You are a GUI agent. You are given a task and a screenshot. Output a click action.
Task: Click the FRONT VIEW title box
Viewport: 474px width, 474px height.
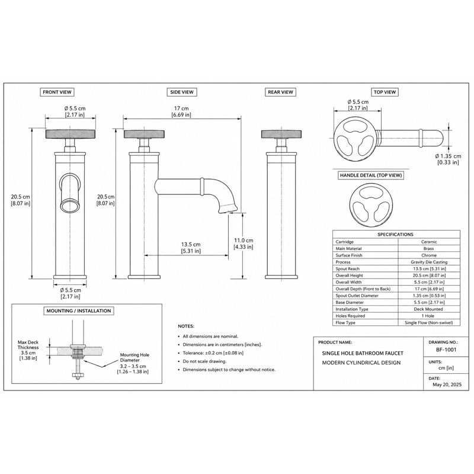(x=57, y=92)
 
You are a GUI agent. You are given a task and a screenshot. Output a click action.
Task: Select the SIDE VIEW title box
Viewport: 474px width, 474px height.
(x=182, y=92)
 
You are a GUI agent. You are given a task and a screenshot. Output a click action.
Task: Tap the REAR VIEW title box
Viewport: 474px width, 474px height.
(x=280, y=92)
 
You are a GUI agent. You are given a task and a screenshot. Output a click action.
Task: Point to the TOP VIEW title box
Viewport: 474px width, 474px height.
(x=385, y=92)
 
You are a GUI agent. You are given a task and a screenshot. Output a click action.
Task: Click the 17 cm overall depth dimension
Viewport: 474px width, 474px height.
(x=181, y=111)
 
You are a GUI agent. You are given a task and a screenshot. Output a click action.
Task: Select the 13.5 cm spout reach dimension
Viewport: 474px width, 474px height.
(x=191, y=248)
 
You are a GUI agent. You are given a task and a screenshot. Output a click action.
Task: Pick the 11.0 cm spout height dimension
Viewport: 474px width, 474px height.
(x=244, y=244)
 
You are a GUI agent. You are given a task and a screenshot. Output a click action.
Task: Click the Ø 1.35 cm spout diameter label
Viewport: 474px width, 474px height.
(x=449, y=159)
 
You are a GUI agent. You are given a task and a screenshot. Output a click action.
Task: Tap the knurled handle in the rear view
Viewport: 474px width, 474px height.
(x=281, y=134)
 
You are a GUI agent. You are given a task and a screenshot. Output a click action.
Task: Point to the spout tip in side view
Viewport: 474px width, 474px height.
(x=228, y=209)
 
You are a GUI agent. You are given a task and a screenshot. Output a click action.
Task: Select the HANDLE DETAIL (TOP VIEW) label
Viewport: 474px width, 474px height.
(x=371, y=175)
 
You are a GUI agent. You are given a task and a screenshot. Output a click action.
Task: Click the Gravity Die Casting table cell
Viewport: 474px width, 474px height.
(x=429, y=262)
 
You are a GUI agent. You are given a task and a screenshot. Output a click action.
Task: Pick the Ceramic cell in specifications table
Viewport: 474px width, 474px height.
(x=429, y=242)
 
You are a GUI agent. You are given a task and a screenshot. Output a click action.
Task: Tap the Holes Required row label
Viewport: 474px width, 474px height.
(x=350, y=316)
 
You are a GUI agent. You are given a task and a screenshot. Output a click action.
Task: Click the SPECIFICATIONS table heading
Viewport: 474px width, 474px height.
(x=395, y=234)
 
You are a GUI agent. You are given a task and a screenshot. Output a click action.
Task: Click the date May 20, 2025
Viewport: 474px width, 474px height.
(x=447, y=385)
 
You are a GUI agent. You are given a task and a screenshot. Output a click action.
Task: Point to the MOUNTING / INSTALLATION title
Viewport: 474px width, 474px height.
(x=79, y=310)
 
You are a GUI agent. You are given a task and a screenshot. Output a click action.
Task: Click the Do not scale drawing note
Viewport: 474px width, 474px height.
(x=204, y=361)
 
